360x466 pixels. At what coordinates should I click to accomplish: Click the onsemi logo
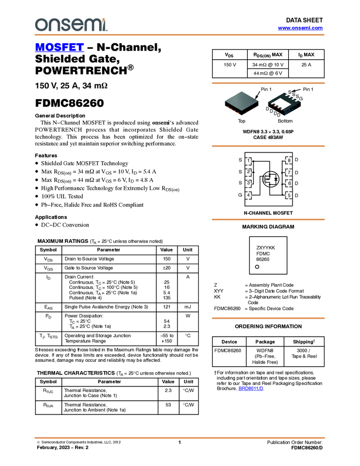click(71, 25)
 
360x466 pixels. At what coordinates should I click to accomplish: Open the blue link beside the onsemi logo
click(300, 28)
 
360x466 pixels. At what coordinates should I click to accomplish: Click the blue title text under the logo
click(59, 47)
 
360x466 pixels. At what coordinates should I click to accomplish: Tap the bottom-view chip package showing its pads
click(284, 104)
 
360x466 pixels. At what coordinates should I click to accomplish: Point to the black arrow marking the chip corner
click(256, 96)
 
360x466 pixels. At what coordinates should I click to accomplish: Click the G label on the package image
click(303, 99)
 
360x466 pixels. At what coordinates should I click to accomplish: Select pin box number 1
click(248, 161)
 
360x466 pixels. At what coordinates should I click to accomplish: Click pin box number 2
click(248, 172)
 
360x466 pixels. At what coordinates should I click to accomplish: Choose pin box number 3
click(248, 184)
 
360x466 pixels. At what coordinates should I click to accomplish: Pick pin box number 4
click(248, 195)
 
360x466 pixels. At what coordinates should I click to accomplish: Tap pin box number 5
click(289, 195)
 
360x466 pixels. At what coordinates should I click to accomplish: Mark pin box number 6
click(289, 184)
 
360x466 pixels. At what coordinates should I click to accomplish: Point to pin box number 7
click(289, 172)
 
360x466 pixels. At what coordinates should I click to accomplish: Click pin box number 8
click(289, 161)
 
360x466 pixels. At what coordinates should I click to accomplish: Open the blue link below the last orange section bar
click(251, 389)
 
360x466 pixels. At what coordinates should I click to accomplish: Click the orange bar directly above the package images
click(268, 83)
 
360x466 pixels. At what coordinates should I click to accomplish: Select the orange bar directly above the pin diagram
click(268, 146)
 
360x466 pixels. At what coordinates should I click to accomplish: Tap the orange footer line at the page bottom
click(179, 437)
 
